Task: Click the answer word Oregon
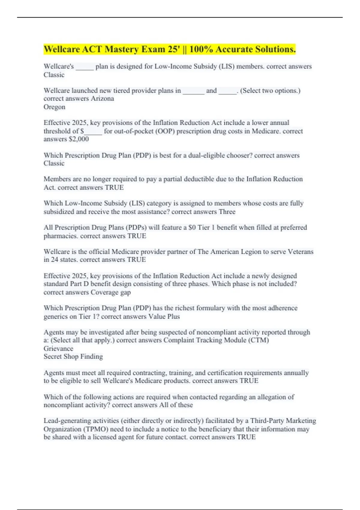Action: pyautogui.click(x=54, y=107)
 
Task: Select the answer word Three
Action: pyautogui.click(x=227, y=212)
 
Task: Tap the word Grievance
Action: pyautogui.click(x=58, y=349)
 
